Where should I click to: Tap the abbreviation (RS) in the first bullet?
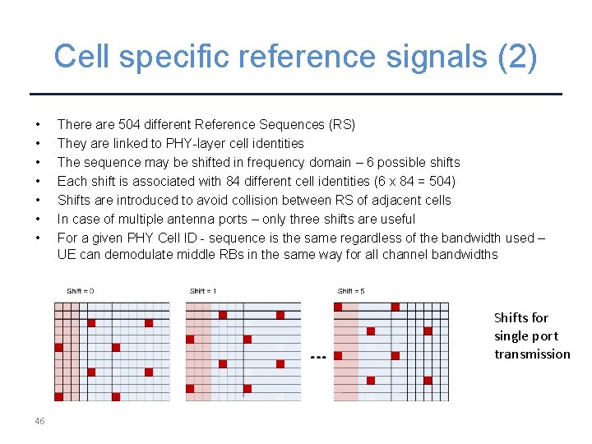click(341, 125)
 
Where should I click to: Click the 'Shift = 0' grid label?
click(81, 291)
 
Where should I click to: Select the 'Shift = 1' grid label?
click(203, 291)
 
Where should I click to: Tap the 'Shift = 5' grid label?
click(351, 291)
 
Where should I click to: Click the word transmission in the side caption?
click(532, 354)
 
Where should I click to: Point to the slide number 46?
click(39, 421)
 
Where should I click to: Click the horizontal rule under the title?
click(296, 95)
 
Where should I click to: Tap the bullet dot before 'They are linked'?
click(39, 144)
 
